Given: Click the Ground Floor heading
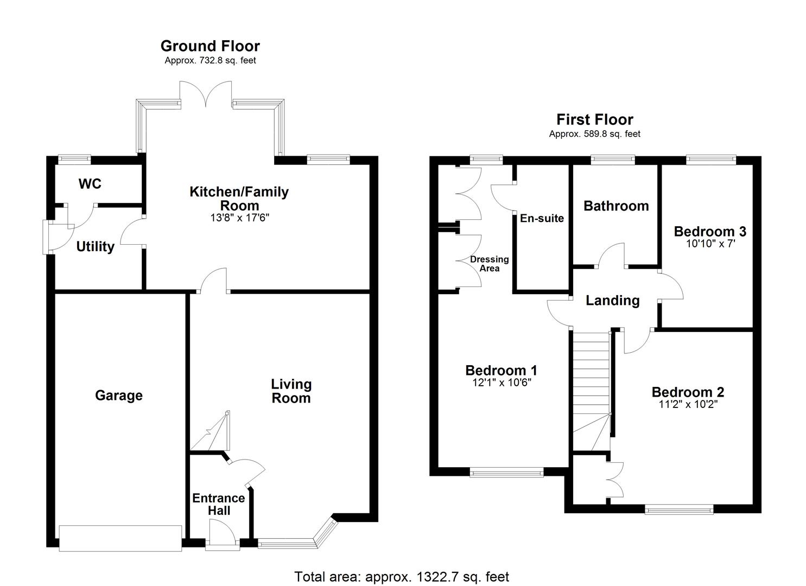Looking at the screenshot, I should pos(210,46).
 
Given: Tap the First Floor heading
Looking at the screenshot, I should pos(594,119).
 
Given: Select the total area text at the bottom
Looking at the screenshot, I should pos(402,576).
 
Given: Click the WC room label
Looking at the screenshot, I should pos(90,184).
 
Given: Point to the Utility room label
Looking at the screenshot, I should pos(95,247).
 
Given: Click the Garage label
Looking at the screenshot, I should pos(119,396).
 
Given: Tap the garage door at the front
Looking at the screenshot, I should pos(120,538).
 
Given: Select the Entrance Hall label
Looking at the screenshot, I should pos(219,504).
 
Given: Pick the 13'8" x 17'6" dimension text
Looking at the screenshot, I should pos(239,218).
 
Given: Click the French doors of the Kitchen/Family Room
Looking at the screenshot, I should pos(206,94).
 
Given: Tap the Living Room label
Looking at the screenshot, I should pos(291,391).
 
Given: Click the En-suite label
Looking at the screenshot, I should pos(542,218).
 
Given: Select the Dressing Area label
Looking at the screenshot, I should pos(490,264).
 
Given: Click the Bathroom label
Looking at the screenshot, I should pos(616,206).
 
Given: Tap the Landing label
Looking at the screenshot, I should pos(612,301).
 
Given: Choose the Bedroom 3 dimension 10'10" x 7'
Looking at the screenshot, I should pos(710,244).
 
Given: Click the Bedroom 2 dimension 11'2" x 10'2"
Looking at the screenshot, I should pos(688,404).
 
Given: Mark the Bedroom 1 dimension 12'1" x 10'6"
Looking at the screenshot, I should pos(501,383).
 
